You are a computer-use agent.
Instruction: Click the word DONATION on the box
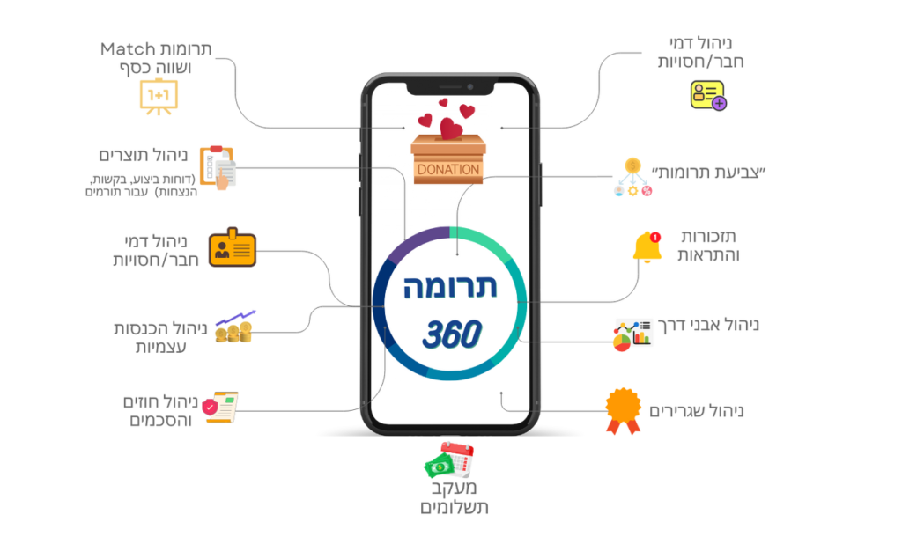point(448,169)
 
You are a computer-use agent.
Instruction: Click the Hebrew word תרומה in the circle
point(449,288)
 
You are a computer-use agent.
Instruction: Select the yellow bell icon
point(646,247)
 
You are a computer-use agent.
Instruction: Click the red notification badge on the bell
point(654,236)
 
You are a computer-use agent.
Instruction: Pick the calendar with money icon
point(449,459)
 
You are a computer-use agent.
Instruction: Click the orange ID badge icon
point(233,248)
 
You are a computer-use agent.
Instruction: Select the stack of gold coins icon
point(233,328)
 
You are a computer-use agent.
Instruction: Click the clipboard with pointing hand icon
point(218,165)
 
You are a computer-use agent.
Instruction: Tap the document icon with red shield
point(221,408)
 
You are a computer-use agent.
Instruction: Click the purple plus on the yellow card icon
point(720,104)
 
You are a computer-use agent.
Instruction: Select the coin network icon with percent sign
point(632,177)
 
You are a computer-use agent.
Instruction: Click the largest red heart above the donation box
point(451,129)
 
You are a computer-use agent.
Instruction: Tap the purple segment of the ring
point(408,245)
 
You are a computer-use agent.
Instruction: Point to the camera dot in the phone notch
point(469,87)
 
